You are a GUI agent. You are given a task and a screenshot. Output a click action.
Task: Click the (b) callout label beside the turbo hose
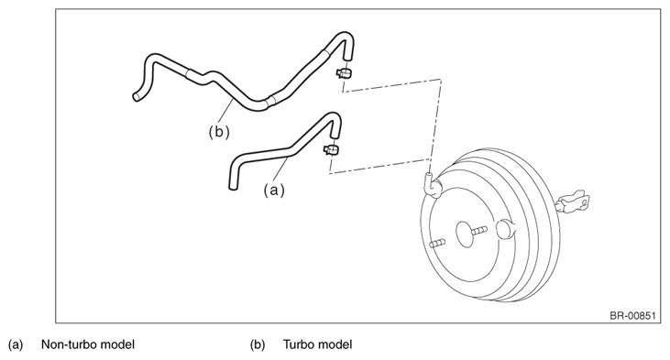coord(219,132)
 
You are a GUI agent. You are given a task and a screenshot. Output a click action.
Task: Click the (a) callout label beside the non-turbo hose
coord(273,190)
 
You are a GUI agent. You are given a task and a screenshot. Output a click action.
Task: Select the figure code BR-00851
coord(632,316)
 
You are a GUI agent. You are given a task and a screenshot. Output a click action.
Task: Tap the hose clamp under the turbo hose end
coord(344,72)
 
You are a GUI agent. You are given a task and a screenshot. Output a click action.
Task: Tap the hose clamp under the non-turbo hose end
coord(331,150)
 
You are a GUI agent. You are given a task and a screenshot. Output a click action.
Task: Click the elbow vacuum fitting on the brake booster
coord(433,185)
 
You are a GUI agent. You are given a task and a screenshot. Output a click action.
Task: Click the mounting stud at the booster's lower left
coord(437,243)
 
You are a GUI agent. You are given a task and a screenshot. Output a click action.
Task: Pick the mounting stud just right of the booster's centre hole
coord(479,230)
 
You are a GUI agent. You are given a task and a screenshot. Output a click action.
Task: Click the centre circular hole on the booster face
coord(465,234)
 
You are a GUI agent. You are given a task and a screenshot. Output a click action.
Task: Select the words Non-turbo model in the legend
coord(88,344)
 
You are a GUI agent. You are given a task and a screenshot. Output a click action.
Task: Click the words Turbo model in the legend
coord(317,344)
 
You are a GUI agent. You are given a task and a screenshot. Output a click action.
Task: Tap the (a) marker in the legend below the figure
coord(16,344)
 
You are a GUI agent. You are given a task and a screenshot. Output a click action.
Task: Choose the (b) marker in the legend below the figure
coord(258,344)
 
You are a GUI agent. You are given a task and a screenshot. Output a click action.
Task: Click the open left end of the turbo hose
coord(136,97)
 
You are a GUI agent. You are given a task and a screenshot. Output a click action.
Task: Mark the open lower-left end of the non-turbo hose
coord(233,186)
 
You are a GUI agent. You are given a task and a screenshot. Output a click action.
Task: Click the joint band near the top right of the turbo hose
coord(326,53)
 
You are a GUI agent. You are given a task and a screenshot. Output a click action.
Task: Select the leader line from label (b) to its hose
coord(225,111)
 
